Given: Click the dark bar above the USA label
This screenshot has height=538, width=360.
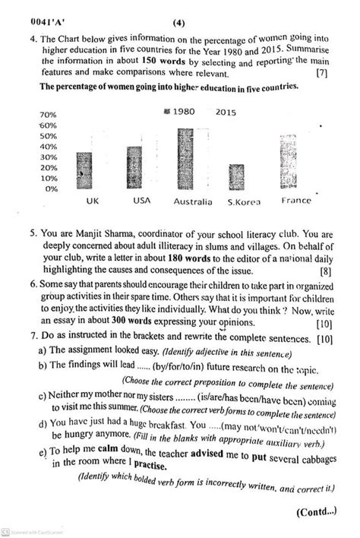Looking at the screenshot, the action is (134, 166).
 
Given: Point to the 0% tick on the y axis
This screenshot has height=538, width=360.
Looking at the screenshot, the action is (50, 188).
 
